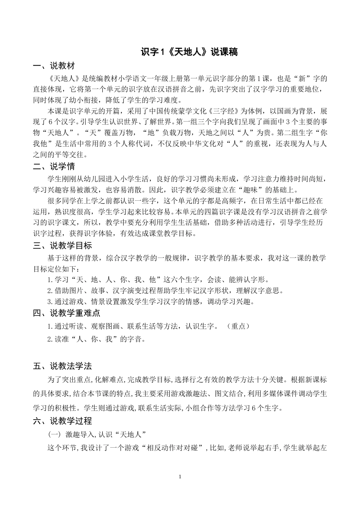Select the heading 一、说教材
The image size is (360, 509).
(54, 66)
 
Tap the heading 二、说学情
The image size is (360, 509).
(54, 166)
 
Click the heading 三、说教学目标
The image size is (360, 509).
(62, 246)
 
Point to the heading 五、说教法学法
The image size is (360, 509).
(62, 366)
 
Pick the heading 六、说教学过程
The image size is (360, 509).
(62, 421)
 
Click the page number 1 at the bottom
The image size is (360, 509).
(180, 476)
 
